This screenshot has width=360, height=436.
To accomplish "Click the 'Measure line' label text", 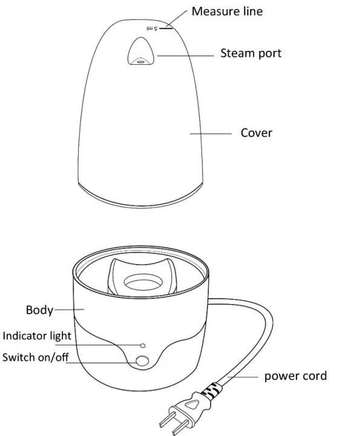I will (227, 11).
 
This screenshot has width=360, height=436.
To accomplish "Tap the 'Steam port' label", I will (250, 53).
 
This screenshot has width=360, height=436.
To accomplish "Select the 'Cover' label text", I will (257, 133).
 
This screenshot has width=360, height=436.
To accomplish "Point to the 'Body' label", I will (39, 311).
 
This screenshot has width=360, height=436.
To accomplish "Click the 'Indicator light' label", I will (37, 335).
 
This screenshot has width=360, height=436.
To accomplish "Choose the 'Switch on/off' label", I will (35, 357).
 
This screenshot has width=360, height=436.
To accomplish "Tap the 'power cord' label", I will (295, 376).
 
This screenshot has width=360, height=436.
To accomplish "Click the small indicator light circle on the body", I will (143, 345).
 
